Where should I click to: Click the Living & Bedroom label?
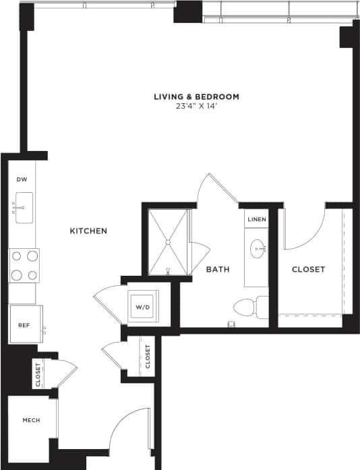pos(196,96)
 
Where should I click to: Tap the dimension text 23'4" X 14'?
pos(196,107)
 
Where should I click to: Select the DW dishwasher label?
pos(22,179)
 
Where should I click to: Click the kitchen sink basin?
pos(23,208)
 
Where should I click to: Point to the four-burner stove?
pos(24,265)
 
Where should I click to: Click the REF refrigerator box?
pos(25,324)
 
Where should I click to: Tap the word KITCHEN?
pos(88,231)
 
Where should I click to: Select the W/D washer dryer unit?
pos(143,307)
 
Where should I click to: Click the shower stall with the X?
pos(168,242)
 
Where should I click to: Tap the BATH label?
pos(217,270)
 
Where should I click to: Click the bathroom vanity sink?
pos(258,249)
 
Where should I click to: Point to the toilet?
pos(249,308)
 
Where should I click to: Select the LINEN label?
pos(257,220)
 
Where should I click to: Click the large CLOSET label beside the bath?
pos(308,270)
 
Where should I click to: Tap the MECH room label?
pos(31,420)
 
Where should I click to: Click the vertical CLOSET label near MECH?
pos(38,374)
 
